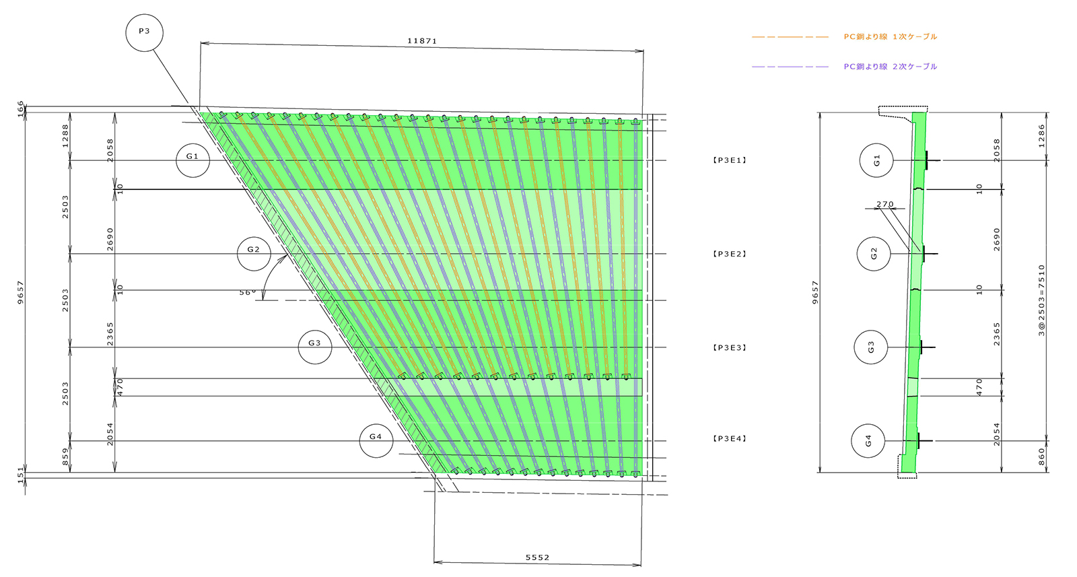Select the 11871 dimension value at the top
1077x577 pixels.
pyautogui.click(x=422, y=41)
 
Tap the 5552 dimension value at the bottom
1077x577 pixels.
pyautogui.click(x=537, y=557)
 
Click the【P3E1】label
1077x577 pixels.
pyautogui.click(x=730, y=161)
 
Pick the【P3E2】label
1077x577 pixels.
pyautogui.click(x=730, y=254)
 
